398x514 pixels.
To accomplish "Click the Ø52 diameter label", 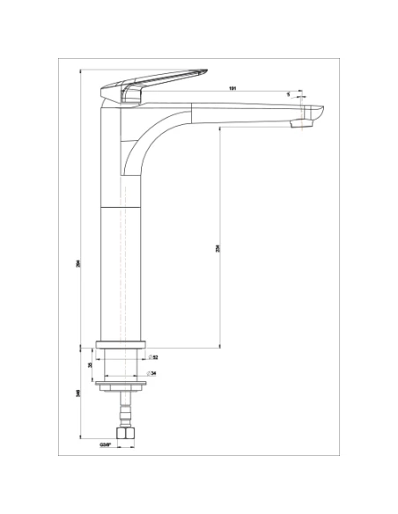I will click(x=153, y=356).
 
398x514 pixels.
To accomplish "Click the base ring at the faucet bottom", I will click(x=123, y=346).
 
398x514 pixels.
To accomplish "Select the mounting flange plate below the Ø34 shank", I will click(x=123, y=384).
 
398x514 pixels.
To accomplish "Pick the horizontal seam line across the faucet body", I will click(x=123, y=205).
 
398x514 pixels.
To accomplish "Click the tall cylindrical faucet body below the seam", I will click(x=123, y=273).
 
